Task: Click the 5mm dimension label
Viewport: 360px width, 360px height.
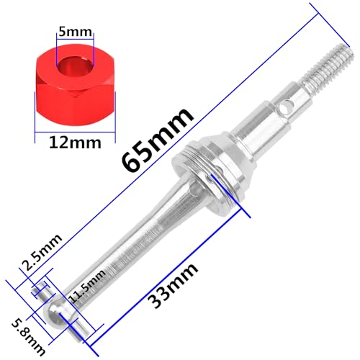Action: click(x=75, y=32)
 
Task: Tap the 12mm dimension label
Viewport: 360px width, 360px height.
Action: click(x=75, y=143)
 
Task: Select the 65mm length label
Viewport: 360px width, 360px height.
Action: click(x=158, y=140)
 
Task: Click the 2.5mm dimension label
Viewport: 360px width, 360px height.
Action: click(x=42, y=252)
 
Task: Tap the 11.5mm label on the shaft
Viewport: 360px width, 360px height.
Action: click(x=86, y=286)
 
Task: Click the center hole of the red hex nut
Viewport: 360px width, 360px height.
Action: click(x=75, y=67)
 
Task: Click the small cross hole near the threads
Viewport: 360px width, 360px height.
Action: click(x=287, y=107)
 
